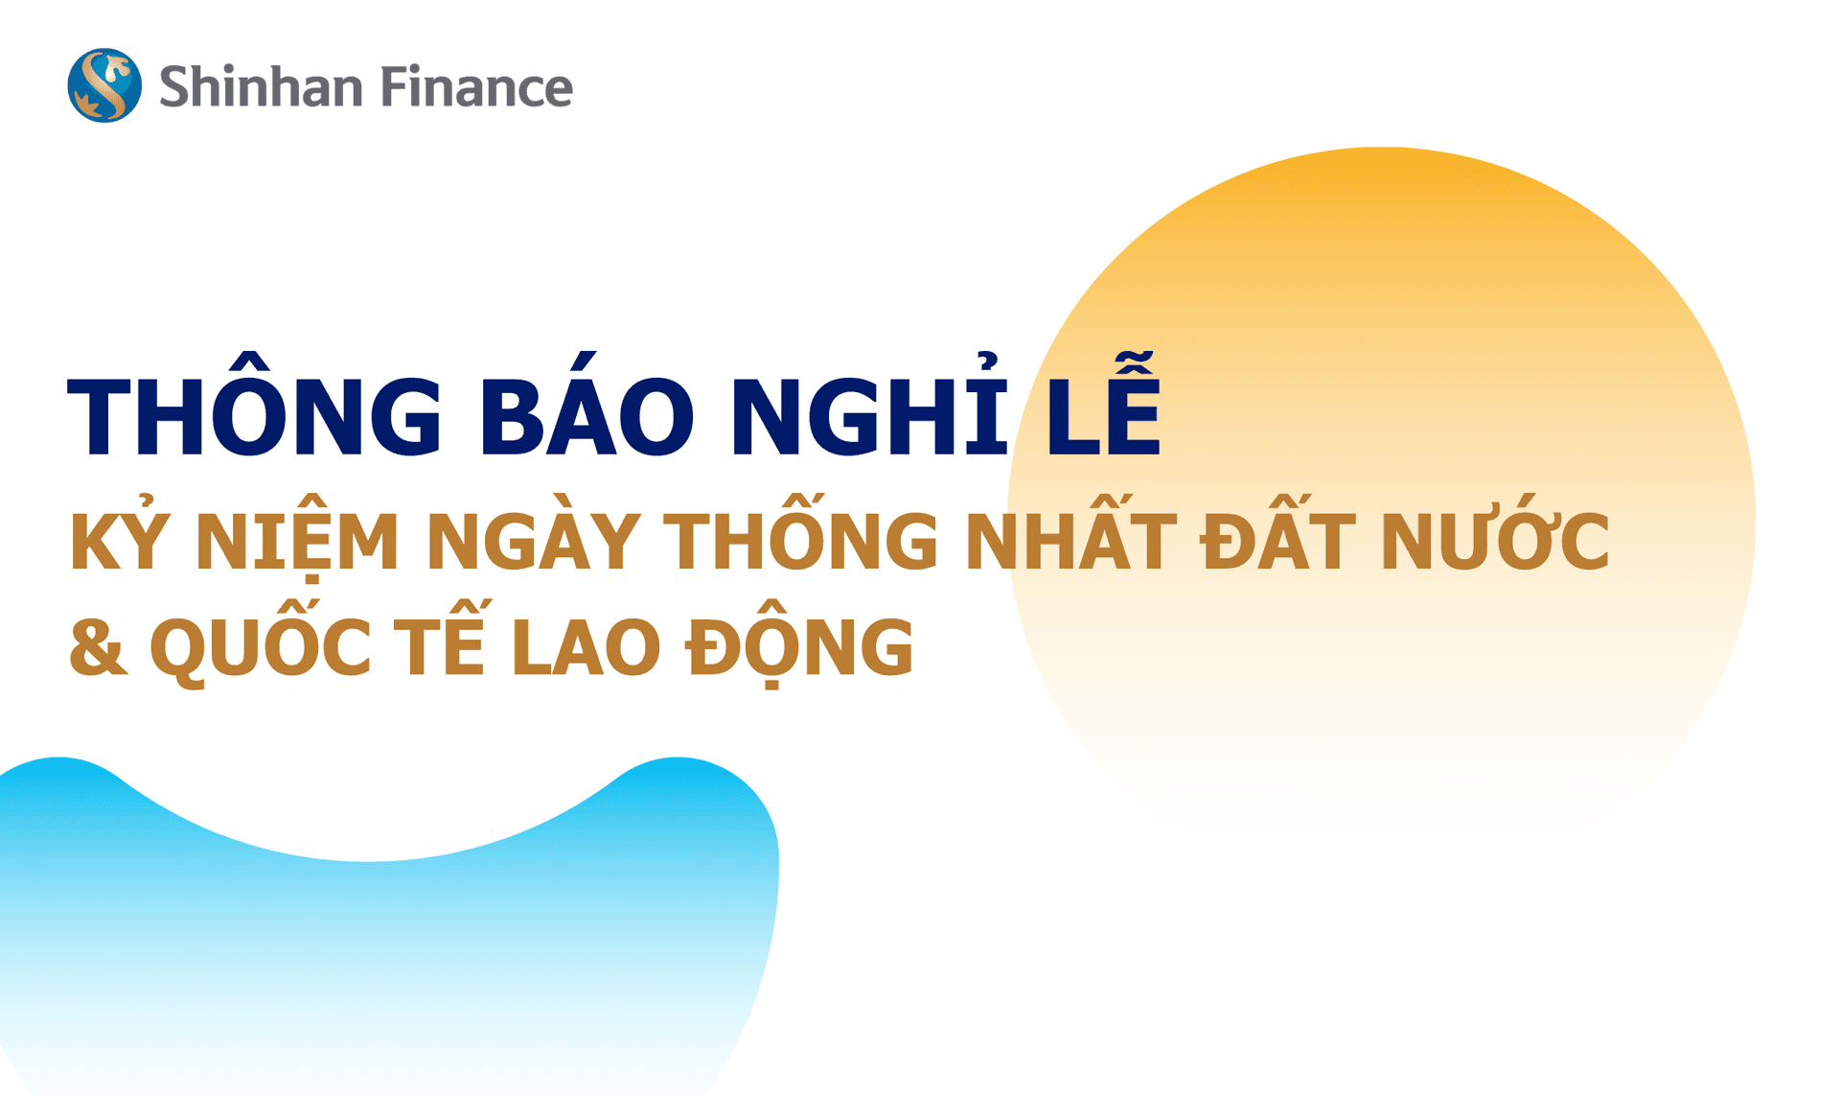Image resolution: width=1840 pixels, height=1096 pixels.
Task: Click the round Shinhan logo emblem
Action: pos(104,85)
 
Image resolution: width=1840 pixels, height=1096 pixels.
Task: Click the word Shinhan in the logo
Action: pos(261,86)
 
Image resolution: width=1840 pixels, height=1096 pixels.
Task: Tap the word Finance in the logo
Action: pos(476,86)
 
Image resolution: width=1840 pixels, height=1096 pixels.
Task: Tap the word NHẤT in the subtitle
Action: pos(1070,541)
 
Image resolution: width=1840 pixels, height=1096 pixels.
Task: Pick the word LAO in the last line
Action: pos(586,646)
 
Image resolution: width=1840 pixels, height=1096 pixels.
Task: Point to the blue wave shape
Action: pos(383,940)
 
